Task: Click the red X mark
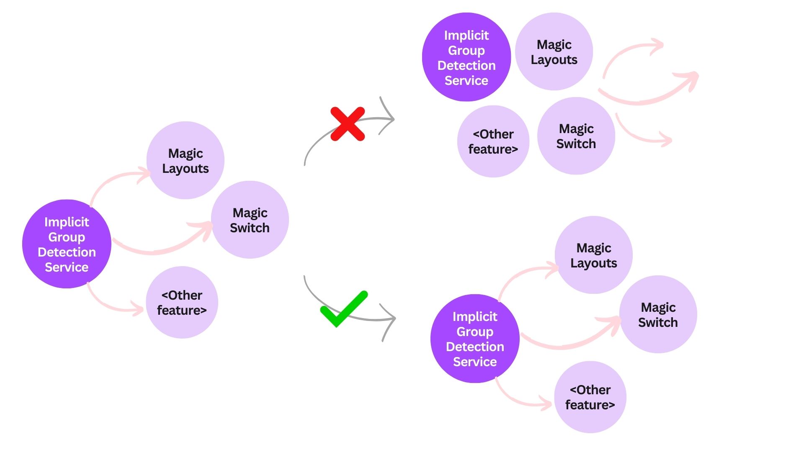coord(348,124)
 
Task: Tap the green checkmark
coord(344,309)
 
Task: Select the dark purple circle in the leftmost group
coord(67,244)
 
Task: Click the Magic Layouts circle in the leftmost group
coord(186,160)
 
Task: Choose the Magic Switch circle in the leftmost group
coord(250,220)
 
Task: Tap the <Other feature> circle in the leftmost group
coord(182,303)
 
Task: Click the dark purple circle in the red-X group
coord(466,57)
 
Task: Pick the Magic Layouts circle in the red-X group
coord(554,51)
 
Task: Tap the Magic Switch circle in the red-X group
coord(576,136)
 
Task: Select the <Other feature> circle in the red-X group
coord(493,141)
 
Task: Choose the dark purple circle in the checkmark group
coord(475,339)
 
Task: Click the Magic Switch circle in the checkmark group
coord(658,314)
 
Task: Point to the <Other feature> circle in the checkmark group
coord(590,397)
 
